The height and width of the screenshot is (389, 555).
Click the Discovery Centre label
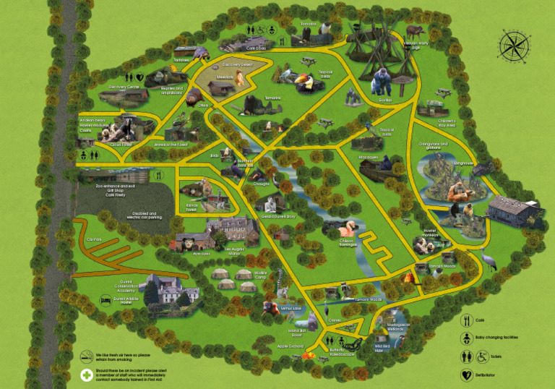point(123,87)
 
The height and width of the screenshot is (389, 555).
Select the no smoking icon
point(86,356)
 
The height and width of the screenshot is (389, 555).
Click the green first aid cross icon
point(86,375)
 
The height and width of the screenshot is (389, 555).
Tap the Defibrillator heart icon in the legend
point(465,375)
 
